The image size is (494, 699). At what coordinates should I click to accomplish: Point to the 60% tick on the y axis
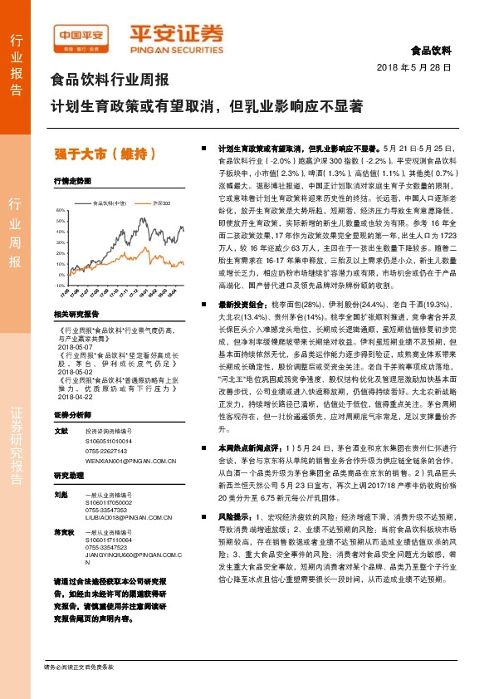60,211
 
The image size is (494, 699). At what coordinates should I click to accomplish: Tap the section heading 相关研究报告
76,315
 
